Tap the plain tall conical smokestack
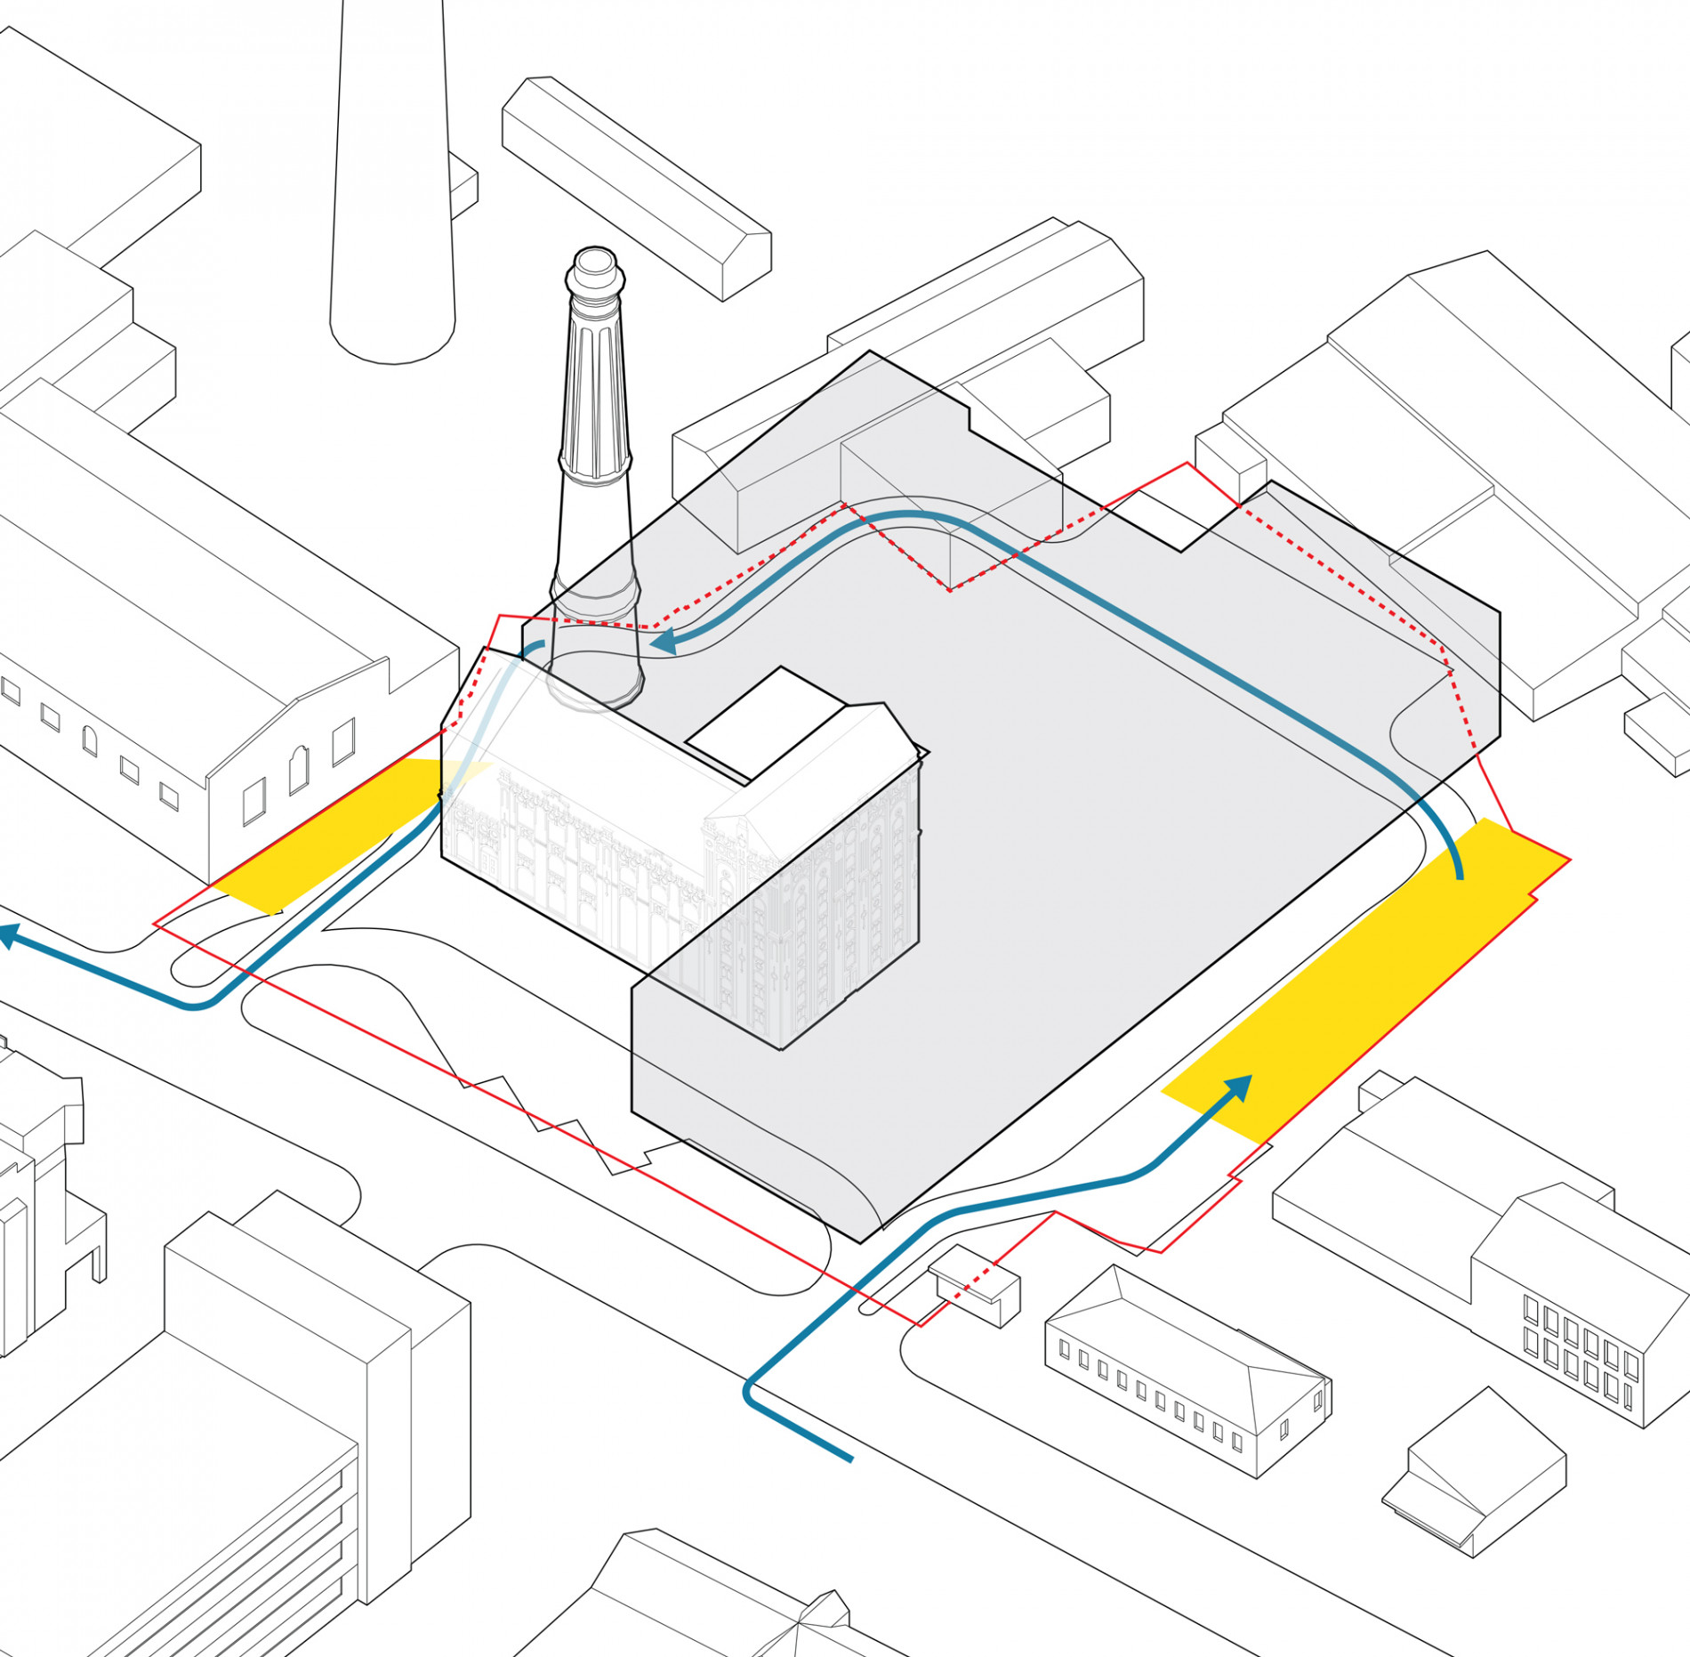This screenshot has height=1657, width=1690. (x=392, y=178)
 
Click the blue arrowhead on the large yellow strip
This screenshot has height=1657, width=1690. (x=1240, y=1087)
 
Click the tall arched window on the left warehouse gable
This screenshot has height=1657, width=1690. (x=299, y=770)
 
